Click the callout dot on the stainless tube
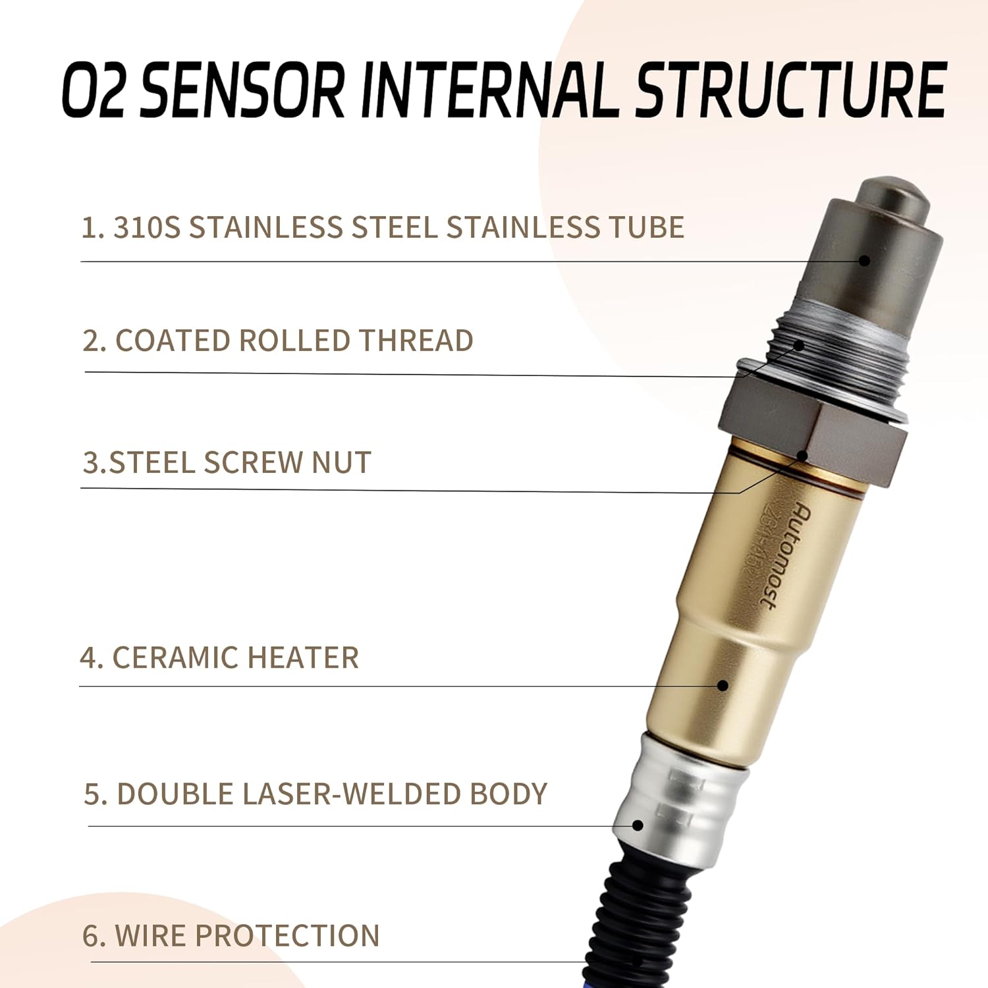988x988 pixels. tap(865, 261)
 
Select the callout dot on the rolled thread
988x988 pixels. tap(800, 344)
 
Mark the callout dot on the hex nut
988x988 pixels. tap(802, 455)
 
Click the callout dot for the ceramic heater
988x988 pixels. tap(723, 686)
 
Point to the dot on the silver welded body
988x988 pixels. tap(638, 825)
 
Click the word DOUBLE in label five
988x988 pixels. tap(175, 794)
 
